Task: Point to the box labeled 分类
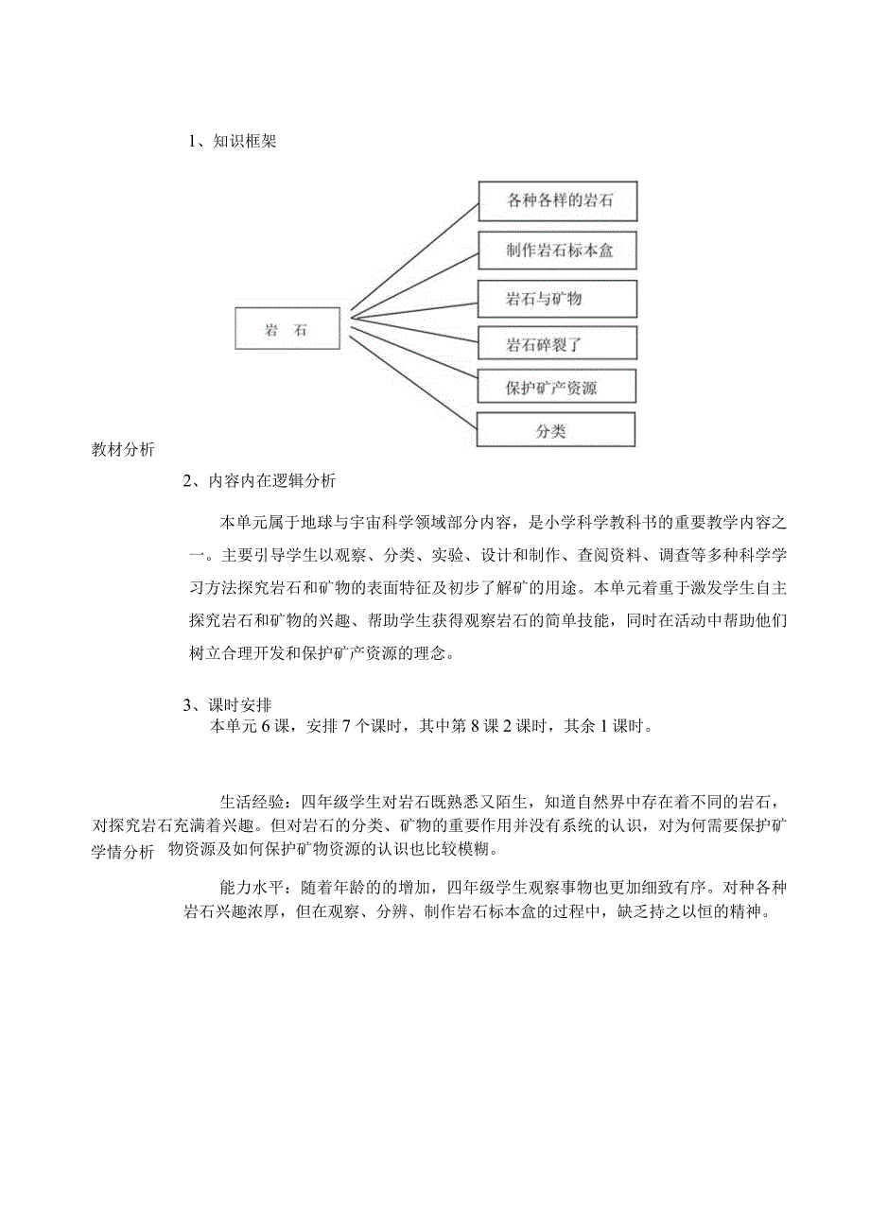[x=555, y=429]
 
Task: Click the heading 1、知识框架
[x=233, y=142]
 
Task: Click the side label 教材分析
[x=123, y=450]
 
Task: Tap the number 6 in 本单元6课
[x=267, y=726]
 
